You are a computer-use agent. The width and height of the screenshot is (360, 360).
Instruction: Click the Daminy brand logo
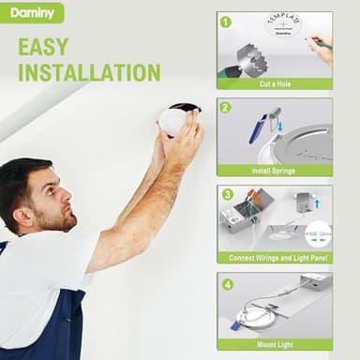coord(32,12)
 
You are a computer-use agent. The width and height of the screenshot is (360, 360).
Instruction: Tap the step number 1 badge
coord(226,21)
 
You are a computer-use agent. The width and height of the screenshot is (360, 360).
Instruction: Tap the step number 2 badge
coord(226,107)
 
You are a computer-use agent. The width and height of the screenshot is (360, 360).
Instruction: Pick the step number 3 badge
coord(226,194)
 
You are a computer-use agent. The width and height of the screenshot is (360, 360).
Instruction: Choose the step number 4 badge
coord(226,282)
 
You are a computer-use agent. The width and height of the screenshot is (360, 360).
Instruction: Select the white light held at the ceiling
coord(174,120)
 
